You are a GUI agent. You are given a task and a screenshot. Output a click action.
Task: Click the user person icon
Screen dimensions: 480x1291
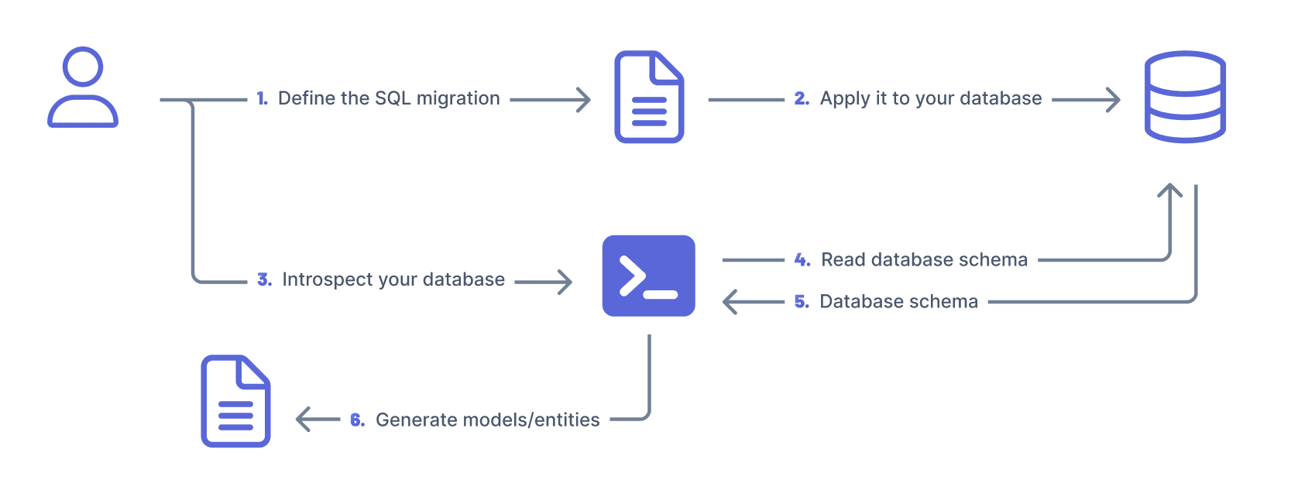point(83,87)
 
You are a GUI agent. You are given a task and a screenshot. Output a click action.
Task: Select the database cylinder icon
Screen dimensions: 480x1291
point(1185,97)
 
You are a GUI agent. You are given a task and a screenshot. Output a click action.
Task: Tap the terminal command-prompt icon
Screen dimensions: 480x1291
point(649,276)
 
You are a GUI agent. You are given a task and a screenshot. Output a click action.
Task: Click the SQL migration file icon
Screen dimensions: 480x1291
point(649,97)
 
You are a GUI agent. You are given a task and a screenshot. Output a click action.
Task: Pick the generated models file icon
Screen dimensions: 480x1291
point(235,401)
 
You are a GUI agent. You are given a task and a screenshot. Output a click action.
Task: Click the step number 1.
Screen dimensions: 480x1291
point(262,99)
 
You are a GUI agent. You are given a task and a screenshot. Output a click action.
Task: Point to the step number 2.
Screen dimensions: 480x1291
point(802,99)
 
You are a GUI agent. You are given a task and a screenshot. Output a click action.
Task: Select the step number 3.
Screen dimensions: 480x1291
point(264,279)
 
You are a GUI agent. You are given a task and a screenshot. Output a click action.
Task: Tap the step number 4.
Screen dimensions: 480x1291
point(802,260)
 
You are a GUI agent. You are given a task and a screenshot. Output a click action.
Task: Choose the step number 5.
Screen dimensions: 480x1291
point(802,302)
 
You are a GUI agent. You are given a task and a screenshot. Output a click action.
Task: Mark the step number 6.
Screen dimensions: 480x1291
point(357,420)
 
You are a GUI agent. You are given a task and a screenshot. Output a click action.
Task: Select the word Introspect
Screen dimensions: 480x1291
point(327,279)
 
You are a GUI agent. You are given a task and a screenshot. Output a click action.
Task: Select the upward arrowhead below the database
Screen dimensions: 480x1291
point(1169,190)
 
